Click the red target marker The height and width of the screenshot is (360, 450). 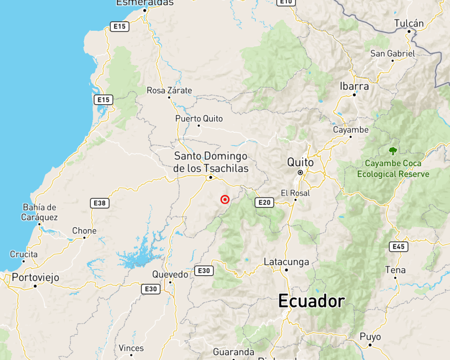coord(225,200)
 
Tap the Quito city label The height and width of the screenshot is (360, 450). coord(301,162)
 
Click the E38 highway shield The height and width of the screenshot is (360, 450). coord(100,203)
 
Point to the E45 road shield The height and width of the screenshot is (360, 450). coord(398,247)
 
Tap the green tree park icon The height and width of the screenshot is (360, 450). coord(392,151)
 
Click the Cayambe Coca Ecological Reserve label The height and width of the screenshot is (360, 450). coord(393,169)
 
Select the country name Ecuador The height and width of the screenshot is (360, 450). coord(311,302)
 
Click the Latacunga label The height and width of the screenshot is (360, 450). coord(286,262)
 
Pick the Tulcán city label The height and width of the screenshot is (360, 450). coord(409,23)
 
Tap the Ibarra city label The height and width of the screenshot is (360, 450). coord(354,86)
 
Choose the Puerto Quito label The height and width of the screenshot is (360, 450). coord(199,119)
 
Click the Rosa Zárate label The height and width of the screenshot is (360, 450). coord(169,91)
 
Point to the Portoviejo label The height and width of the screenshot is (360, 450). coord(36,278)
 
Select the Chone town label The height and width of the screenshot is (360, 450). coord(84,231)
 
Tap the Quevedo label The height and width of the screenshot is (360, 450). coord(170,274)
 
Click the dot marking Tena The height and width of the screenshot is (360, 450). coord(396,277)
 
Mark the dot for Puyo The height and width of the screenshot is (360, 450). coord(370,345)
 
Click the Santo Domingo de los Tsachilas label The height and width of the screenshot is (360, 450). coord(211,162)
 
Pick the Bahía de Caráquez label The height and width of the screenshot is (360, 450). coord(40,212)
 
